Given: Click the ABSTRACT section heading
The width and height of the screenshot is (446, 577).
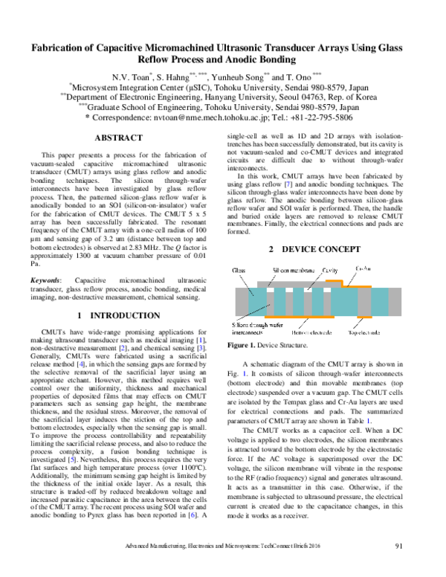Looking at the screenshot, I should (x=129, y=138).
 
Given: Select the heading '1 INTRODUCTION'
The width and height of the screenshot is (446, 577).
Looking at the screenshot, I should (x=129, y=316).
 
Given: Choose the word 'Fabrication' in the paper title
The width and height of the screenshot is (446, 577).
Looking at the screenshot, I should (x=59, y=47).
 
